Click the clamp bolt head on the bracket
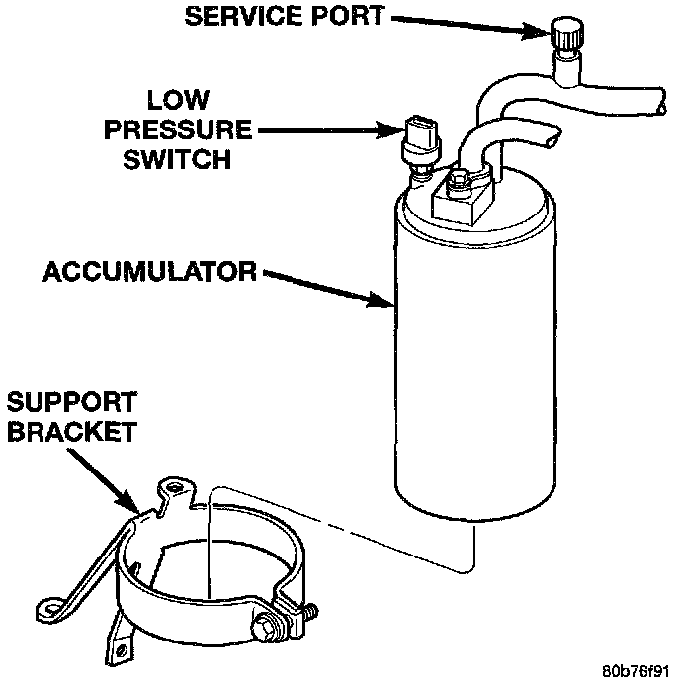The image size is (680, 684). pos(266,625)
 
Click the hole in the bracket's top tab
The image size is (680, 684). pos(176,487)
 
